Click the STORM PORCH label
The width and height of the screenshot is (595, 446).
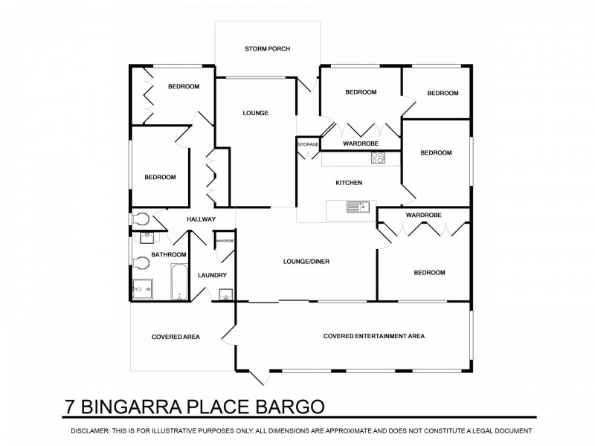(267, 49)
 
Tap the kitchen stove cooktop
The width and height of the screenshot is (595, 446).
(377, 158)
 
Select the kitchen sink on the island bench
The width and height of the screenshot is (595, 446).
(357, 207)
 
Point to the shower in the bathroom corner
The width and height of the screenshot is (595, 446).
(141, 288)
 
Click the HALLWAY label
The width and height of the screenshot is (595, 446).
(201, 219)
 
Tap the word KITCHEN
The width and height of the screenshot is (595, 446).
(348, 183)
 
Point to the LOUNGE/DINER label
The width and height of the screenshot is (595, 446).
(306, 262)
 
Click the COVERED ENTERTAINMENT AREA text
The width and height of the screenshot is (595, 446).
(373, 336)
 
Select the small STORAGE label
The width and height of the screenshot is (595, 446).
(309, 144)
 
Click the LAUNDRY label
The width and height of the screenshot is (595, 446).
(211, 276)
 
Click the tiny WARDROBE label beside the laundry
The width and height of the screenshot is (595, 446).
(225, 241)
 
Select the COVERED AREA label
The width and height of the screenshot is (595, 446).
(176, 337)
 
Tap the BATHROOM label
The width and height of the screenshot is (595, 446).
(168, 255)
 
